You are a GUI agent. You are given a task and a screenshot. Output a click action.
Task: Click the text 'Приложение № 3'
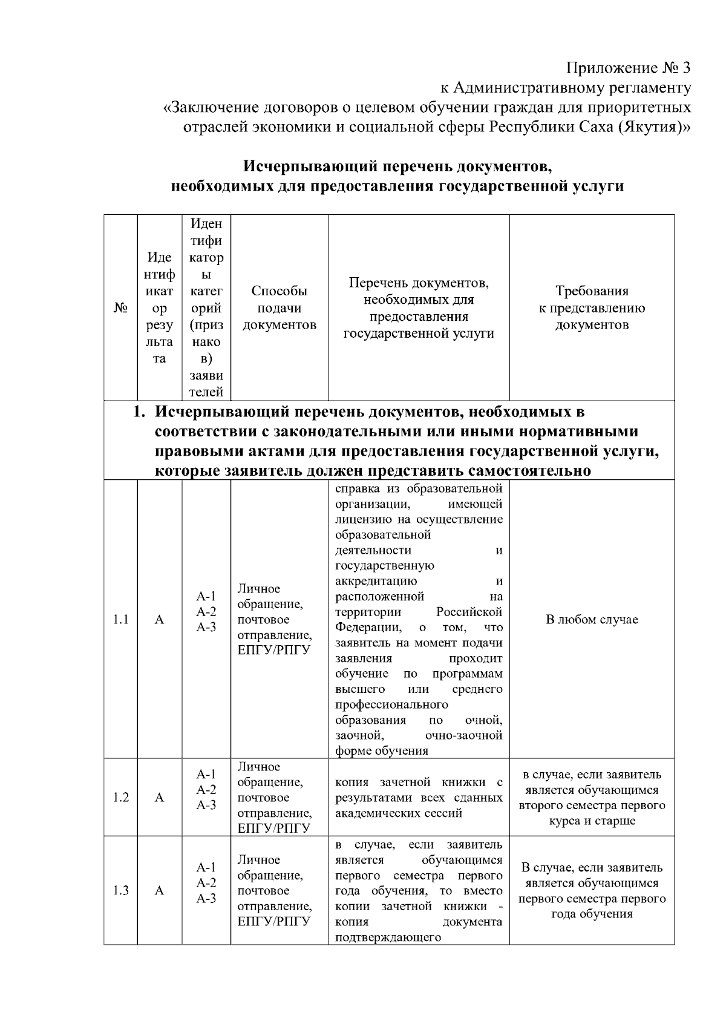[x=628, y=67]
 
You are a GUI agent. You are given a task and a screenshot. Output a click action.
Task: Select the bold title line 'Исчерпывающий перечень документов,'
[x=397, y=166]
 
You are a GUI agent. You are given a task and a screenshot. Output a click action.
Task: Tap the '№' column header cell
[x=120, y=308]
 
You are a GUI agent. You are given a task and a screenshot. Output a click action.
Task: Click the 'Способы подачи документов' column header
[x=279, y=308]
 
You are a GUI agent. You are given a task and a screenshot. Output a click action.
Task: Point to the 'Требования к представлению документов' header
[x=592, y=308]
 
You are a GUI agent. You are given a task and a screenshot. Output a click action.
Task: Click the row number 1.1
[x=120, y=620]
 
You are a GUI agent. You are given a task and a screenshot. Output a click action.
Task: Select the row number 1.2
[x=120, y=798]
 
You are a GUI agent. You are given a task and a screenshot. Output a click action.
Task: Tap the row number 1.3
[x=120, y=891]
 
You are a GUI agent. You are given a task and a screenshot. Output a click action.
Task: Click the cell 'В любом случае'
[x=592, y=620]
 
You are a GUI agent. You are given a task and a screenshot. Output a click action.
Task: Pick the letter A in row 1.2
[x=159, y=798]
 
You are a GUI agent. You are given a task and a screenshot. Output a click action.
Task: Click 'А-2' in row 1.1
[x=206, y=612]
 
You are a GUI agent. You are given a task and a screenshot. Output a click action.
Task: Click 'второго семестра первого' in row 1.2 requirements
[x=592, y=806]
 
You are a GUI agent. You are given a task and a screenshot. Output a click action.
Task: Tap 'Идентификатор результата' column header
[x=159, y=308]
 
